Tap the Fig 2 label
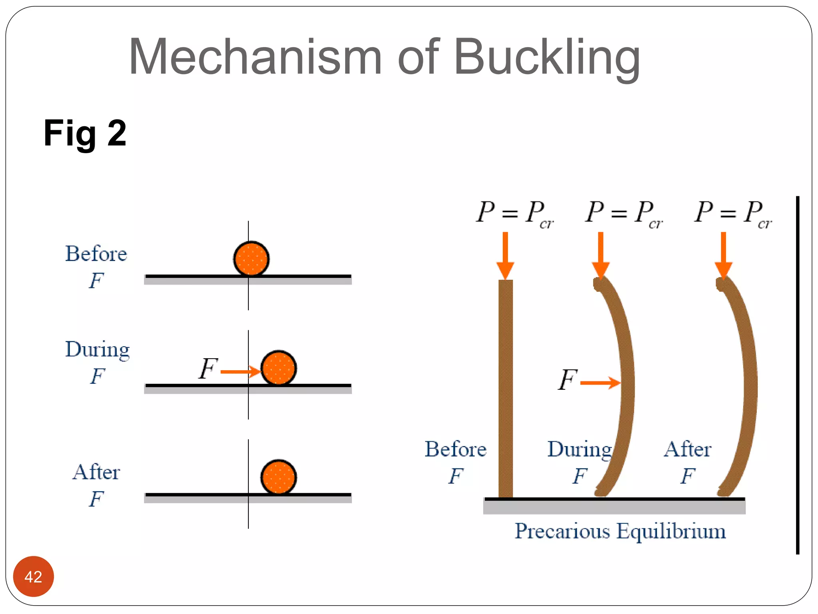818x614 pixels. click(x=85, y=133)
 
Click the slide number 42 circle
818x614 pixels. click(x=33, y=576)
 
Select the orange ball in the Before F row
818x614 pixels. click(x=251, y=259)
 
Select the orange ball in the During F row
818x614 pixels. click(x=278, y=368)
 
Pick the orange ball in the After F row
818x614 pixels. click(x=278, y=477)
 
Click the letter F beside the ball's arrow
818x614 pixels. click(x=208, y=369)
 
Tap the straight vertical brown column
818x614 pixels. click(x=505, y=388)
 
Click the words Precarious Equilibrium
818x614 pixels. click(x=620, y=531)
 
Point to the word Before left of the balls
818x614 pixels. click(x=96, y=254)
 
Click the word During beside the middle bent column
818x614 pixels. click(x=579, y=450)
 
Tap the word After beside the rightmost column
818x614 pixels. click(x=687, y=449)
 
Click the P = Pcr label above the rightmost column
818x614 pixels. click(x=733, y=214)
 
